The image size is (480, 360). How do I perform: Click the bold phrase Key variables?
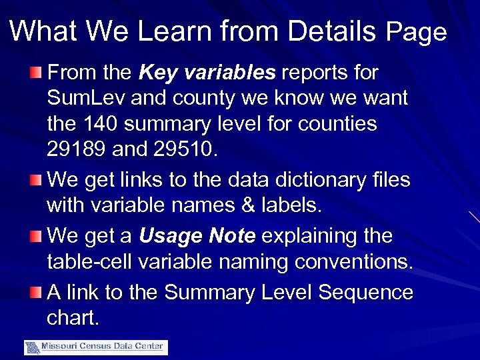tap(208, 72)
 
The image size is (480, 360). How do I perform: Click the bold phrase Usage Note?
tap(197, 236)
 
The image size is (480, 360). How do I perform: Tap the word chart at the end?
tap(73, 318)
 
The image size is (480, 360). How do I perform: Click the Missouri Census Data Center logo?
tap(96, 347)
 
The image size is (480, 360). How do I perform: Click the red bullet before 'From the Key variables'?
tap(37, 72)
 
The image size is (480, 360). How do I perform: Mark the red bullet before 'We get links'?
tap(37, 179)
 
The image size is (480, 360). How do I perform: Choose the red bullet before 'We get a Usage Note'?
tap(37, 236)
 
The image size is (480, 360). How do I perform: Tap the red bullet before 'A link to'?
tap(37, 292)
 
